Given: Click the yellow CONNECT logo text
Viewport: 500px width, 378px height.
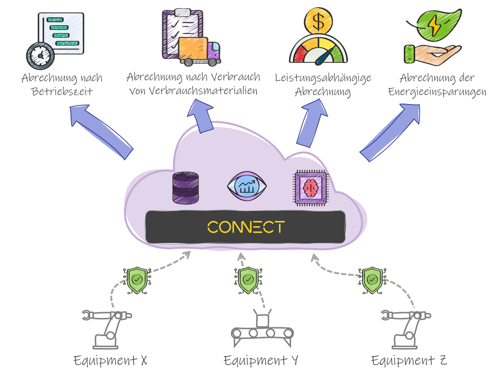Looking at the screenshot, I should click(x=246, y=227).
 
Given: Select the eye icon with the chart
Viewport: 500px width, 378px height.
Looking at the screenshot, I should click(x=247, y=187).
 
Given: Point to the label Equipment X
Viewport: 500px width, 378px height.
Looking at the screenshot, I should click(x=110, y=360).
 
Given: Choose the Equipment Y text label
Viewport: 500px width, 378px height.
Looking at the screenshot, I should click(x=260, y=360).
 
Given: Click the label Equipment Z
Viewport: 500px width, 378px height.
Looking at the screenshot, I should click(x=409, y=360).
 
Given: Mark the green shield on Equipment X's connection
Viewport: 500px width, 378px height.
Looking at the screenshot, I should click(x=137, y=280).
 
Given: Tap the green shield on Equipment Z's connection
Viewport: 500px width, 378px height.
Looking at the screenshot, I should click(x=372, y=280).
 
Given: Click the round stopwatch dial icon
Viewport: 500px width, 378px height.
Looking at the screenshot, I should click(x=40, y=56).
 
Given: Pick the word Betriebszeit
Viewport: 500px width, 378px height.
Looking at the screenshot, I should click(x=62, y=91).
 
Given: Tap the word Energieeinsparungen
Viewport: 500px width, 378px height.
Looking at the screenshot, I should click(x=437, y=92).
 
